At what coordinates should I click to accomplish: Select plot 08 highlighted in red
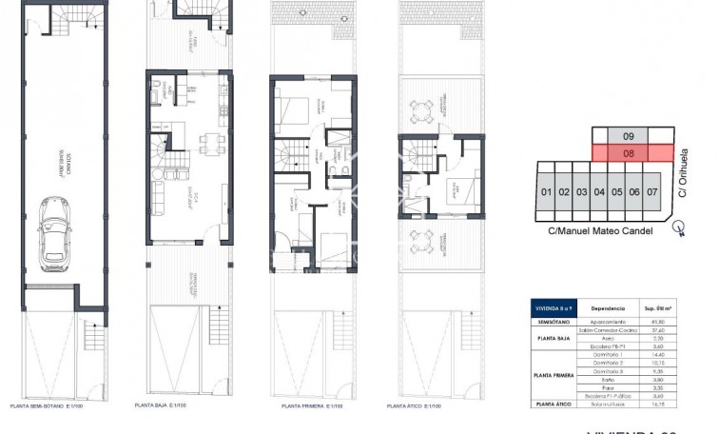tap(629, 151)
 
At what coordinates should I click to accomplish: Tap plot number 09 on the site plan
tap(629, 135)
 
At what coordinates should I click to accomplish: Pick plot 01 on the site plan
tap(546, 192)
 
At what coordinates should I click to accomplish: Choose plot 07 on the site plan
tap(652, 192)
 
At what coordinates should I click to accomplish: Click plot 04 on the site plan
tap(599, 192)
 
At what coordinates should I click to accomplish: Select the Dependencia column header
tap(608, 308)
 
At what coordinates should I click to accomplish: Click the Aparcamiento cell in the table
tap(608, 322)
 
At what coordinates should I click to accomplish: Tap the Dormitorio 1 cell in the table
tap(608, 353)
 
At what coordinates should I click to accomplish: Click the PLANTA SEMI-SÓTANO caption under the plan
tap(50, 406)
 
